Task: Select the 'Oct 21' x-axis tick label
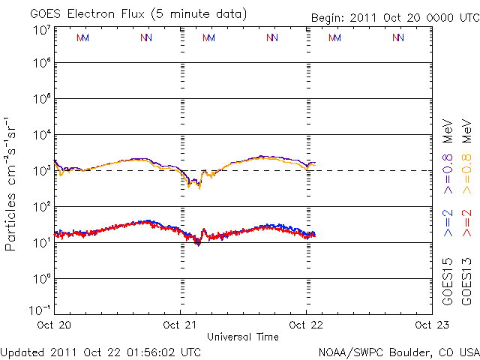coord(181,325)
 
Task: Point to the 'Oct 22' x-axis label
coord(305,325)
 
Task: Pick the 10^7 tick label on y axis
coord(41,31)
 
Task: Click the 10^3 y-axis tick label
coord(41,171)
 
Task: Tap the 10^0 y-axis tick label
coord(41,279)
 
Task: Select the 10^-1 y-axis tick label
coord(40,310)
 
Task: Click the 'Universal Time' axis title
coord(243,337)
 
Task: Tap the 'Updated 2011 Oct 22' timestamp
coord(100,352)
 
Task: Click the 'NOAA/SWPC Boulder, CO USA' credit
coord(398,352)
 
